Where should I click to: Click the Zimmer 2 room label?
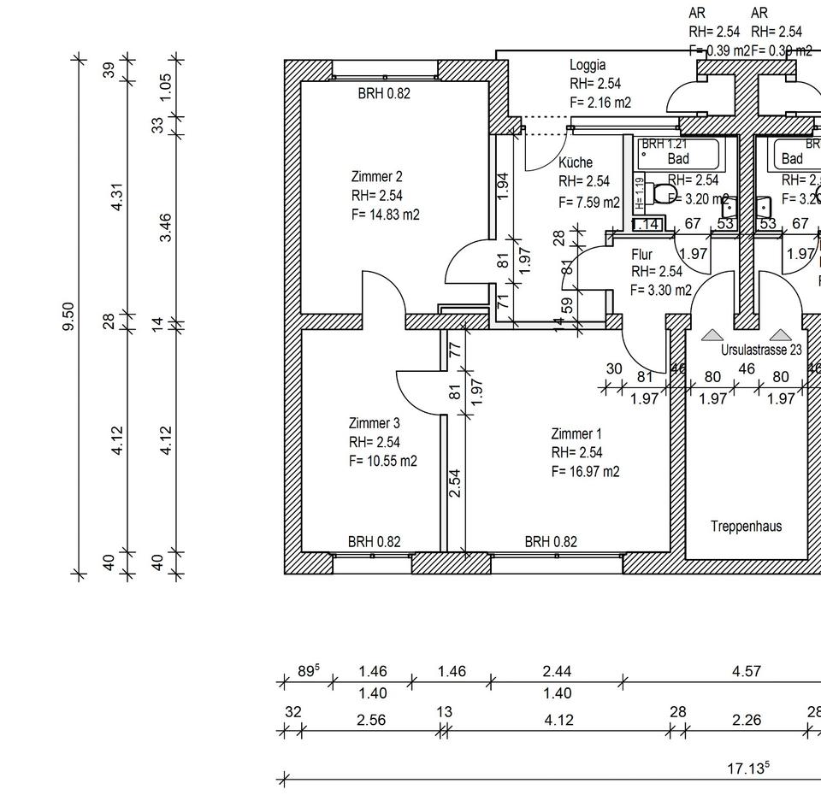point(376,177)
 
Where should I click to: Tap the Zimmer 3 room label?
point(374,423)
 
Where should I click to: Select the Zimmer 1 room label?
point(576,434)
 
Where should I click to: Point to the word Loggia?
point(588,65)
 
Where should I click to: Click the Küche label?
point(575,162)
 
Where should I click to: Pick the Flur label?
point(641,255)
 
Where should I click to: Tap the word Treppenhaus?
point(746,527)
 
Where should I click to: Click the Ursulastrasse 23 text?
point(761,350)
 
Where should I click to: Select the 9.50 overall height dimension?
point(69,317)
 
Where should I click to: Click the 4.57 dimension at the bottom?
point(746,671)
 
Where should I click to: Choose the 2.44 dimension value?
point(557,671)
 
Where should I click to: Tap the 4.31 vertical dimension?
point(118,197)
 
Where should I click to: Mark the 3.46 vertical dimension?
point(166,228)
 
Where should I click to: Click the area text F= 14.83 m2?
point(386,215)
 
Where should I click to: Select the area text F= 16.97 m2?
point(586,471)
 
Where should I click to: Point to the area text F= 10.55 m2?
point(383,461)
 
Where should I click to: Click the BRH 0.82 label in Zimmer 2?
point(383,94)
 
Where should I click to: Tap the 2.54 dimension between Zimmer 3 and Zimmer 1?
point(456,483)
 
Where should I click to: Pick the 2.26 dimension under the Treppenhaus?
point(746,721)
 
